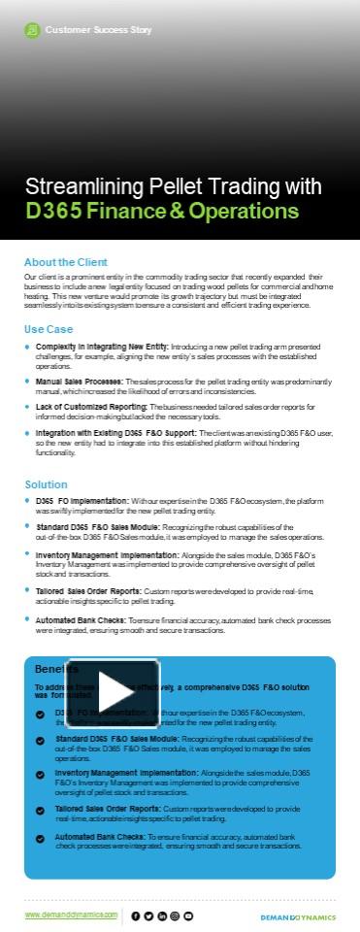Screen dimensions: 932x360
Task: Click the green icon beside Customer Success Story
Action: pyautogui.click(x=33, y=30)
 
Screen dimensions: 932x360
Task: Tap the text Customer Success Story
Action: pyautogui.click(x=98, y=30)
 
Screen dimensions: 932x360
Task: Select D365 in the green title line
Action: pyautogui.click(x=54, y=211)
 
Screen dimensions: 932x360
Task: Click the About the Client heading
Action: pyautogui.click(x=65, y=262)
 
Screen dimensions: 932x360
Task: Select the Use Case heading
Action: pyautogui.click(x=48, y=328)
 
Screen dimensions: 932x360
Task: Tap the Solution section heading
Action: pyautogui.click(x=46, y=483)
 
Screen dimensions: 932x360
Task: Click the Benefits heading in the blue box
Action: pyautogui.click(x=56, y=643)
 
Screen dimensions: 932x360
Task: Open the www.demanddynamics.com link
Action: pyautogui.click(x=71, y=915)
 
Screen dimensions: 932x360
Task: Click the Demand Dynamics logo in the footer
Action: pyautogui.click(x=297, y=915)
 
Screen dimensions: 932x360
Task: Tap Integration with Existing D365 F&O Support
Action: pyautogui.click(x=115, y=431)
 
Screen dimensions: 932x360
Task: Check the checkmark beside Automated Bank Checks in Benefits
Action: pyautogui.click(x=40, y=837)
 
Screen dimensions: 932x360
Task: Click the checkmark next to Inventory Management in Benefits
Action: pyautogui.click(x=40, y=774)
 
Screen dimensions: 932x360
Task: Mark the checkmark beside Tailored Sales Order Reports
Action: pyautogui.click(x=40, y=809)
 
